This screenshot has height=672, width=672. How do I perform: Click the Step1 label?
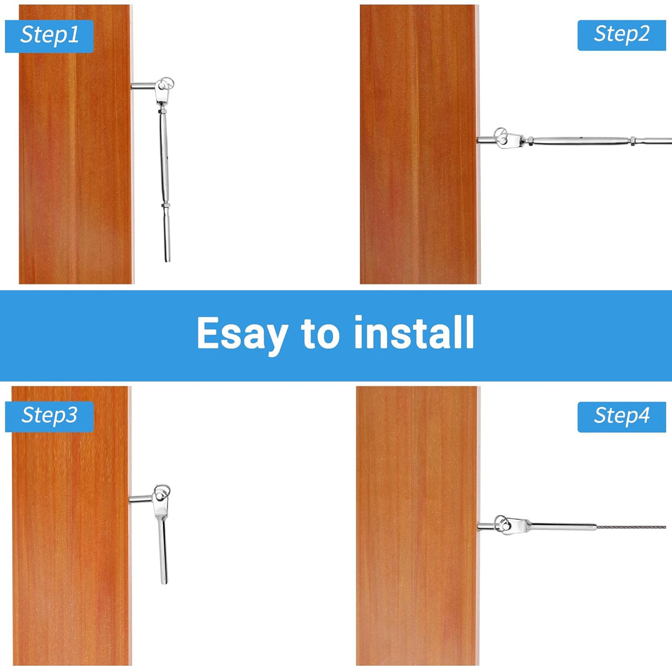pos(49,36)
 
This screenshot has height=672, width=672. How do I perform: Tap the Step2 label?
pos(622,35)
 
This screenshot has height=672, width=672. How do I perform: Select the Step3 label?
pos(49,416)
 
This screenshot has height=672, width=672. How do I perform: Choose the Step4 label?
pos(622,416)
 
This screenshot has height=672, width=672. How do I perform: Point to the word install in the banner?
pos(414,332)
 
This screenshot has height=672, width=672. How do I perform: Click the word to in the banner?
pos(320,335)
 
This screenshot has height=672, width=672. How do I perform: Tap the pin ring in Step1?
pos(167,82)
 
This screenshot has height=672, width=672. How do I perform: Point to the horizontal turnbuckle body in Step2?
pos(580,140)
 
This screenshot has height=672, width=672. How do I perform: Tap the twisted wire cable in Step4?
pos(631,527)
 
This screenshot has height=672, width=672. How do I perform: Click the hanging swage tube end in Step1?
pos(167,234)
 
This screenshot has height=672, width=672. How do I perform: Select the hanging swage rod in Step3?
pos(163,551)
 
